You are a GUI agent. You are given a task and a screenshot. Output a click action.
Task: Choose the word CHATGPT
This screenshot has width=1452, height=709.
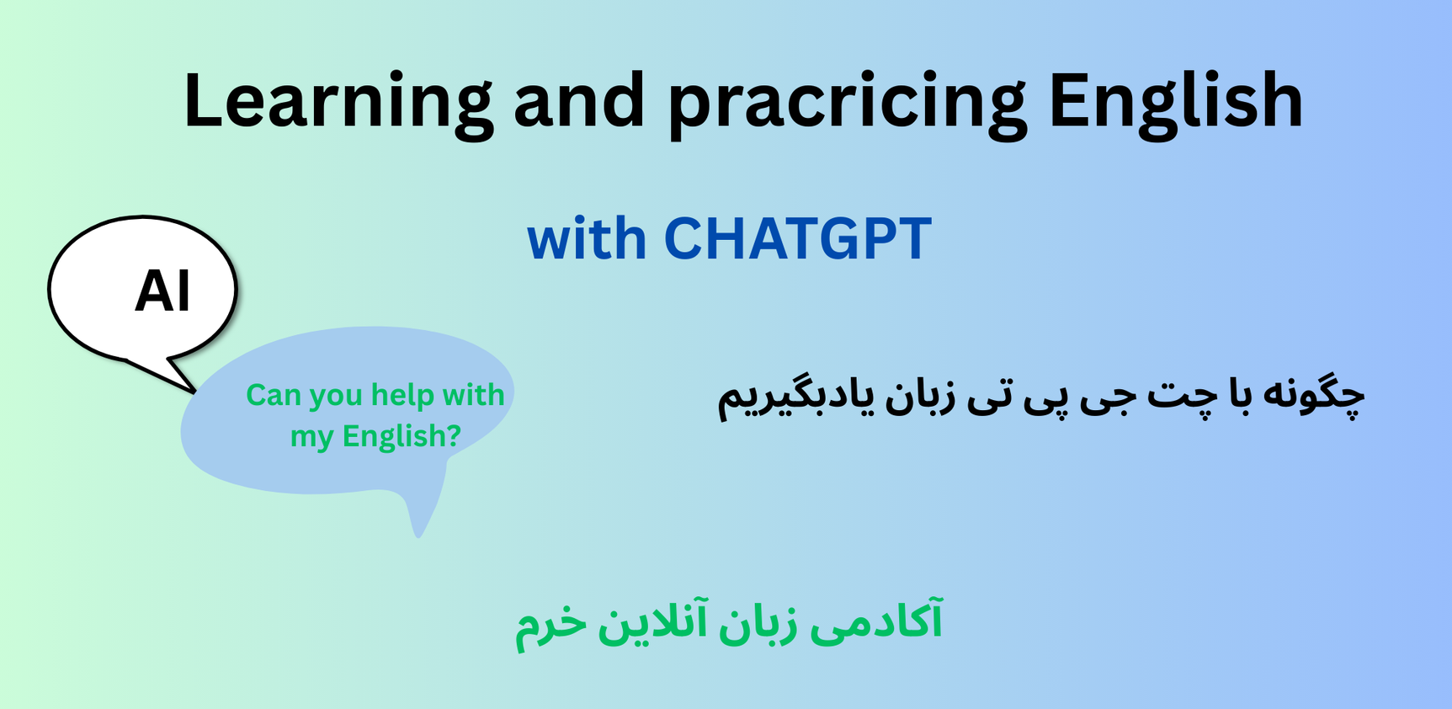[798, 238]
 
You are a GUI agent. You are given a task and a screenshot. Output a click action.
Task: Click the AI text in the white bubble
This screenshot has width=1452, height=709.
[162, 291]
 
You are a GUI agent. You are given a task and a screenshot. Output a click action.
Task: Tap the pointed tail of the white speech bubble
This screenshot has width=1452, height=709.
[194, 392]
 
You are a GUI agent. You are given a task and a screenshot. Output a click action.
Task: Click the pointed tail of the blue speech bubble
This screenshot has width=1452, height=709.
[418, 536]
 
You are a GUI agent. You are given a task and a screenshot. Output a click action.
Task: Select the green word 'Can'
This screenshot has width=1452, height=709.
[274, 395]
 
